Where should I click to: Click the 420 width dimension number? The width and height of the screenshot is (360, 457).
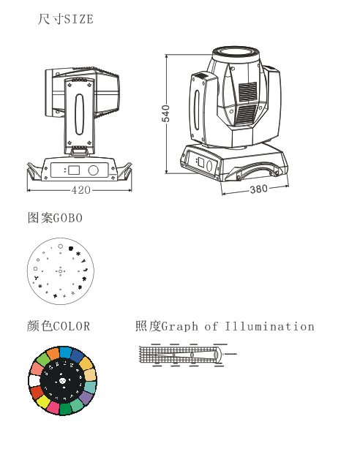click(81, 190)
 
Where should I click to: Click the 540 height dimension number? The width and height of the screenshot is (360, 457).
click(165, 113)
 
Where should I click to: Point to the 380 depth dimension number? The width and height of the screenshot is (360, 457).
click(259, 189)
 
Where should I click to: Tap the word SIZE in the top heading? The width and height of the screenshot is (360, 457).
click(79, 19)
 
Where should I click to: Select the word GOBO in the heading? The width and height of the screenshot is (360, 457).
click(68, 218)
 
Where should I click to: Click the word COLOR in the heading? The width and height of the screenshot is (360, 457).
click(72, 326)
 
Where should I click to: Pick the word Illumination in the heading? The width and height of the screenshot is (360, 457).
click(269, 326)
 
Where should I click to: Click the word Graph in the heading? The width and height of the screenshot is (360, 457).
click(180, 327)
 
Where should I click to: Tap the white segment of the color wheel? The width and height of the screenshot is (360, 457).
click(34, 381)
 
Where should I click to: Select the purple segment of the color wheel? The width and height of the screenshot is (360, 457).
click(86, 398)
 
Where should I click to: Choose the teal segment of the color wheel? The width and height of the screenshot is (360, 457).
click(90, 387)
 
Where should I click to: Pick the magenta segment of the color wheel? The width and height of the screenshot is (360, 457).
click(53, 407)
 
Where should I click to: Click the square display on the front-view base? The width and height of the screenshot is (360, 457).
click(74, 170)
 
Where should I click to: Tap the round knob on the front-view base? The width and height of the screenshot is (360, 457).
click(94, 170)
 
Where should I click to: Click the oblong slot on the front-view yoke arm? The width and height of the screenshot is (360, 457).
click(79, 114)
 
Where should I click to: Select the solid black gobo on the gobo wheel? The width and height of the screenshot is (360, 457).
click(70, 249)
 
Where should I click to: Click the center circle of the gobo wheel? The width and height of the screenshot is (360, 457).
click(61, 271)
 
